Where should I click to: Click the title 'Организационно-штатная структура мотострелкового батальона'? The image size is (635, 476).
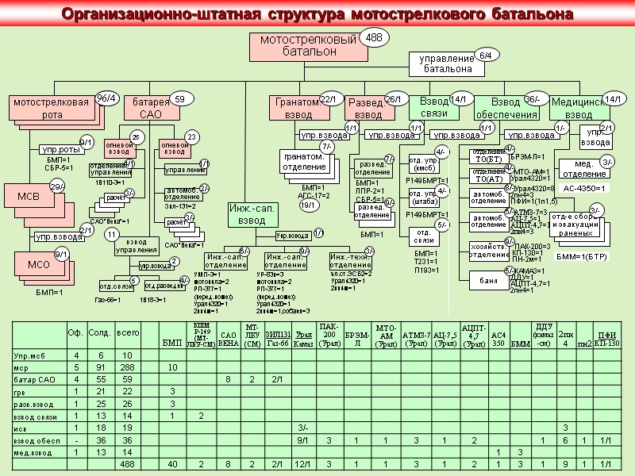tap(317, 14)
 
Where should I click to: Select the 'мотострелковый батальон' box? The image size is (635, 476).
tap(293, 47)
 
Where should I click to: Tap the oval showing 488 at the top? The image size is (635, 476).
tap(374, 38)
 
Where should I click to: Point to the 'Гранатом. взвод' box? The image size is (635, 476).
tap(295, 109)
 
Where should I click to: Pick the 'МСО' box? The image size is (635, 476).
tap(38, 264)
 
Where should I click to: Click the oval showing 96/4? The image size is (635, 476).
tap(106, 98)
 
